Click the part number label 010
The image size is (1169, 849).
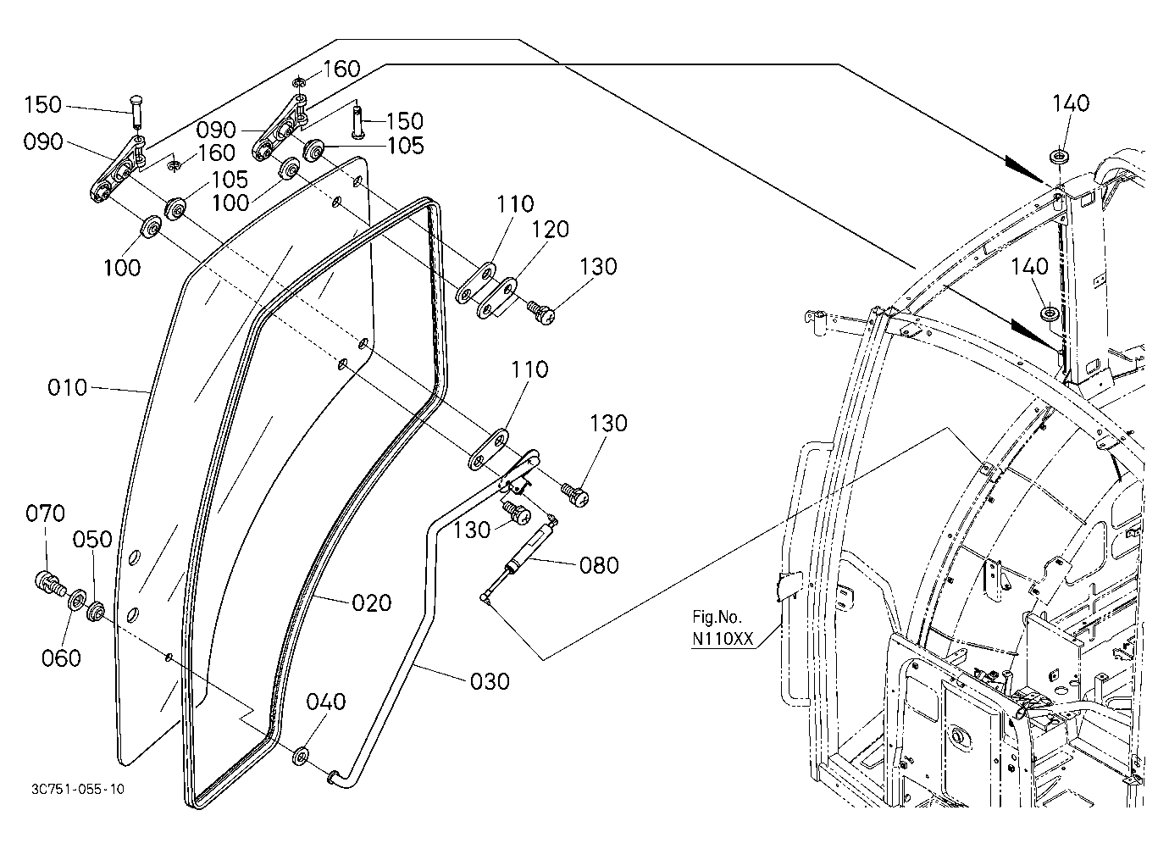click(x=67, y=387)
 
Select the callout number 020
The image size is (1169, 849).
click(x=372, y=603)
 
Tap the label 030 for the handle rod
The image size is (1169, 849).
click(x=490, y=681)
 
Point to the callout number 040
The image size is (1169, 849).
click(x=326, y=702)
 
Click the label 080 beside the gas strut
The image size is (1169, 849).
click(x=599, y=565)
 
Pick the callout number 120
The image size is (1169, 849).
click(x=550, y=230)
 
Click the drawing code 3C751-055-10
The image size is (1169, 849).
click(x=78, y=789)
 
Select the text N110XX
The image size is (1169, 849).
click(x=723, y=639)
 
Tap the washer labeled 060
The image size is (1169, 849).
click(x=78, y=599)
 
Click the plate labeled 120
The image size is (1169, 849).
click(x=496, y=298)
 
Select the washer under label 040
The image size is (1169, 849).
click(x=301, y=756)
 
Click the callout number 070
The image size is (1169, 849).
click(x=46, y=513)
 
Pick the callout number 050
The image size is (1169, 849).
click(x=92, y=539)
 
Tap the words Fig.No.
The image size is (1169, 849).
click(x=717, y=617)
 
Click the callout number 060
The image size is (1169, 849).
click(x=61, y=658)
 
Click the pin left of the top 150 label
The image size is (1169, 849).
click(x=136, y=111)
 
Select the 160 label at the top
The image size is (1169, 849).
click(x=342, y=69)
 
